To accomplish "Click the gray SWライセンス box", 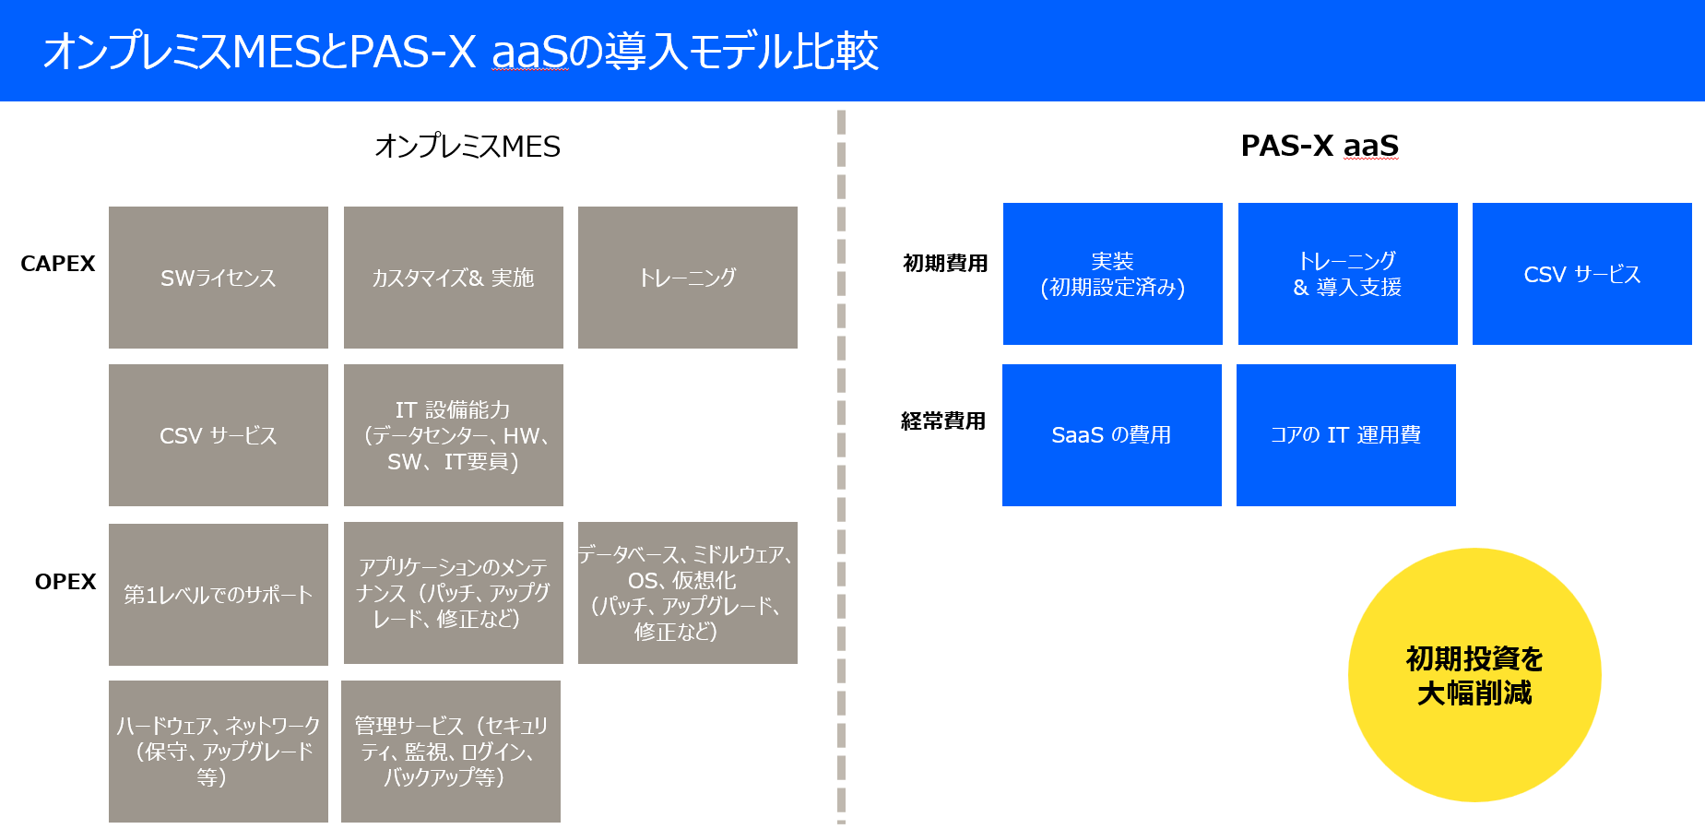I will pyautogui.click(x=219, y=278).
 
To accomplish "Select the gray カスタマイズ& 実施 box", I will pyautogui.click(x=453, y=278).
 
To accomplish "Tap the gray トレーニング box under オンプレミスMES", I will pyautogui.click(x=687, y=278).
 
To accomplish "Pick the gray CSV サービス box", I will pyautogui.click(x=219, y=435).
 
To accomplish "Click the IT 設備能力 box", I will pyautogui.click(x=453, y=435).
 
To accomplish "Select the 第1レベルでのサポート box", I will pyautogui.click(x=219, y=595).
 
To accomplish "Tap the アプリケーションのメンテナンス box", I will pyautogui.click(x=453, y=593).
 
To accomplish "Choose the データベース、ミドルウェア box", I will pyautogui.click(x=687, y=593).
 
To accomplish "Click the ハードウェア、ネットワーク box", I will pyautogui.click(x=219, y=752).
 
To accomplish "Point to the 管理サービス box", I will pyautogui.click(x=451, y=752).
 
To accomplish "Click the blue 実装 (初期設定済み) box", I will pyautogui.click(x=1112, y=274).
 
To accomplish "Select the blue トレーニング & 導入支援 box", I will pyautogui.click(x=1347, y=274).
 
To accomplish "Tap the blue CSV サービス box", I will pyautogui.click(x=1581, y=274).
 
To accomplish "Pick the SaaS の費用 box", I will pyautogui.click(x=1111, y=435).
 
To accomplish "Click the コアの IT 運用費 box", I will pyautogui.click(x=1345, y=435).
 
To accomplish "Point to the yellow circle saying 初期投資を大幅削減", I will pyautogui.click(x=1474, y=675).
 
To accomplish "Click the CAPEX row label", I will pyautogui.click(x=58, y=264).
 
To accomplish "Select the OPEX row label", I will pyautogui.click(x=65, y=582).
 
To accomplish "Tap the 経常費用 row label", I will pyautogui.click(x=943, y=421).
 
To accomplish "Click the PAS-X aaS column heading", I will pyautogui.click(x=1320, y=146).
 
